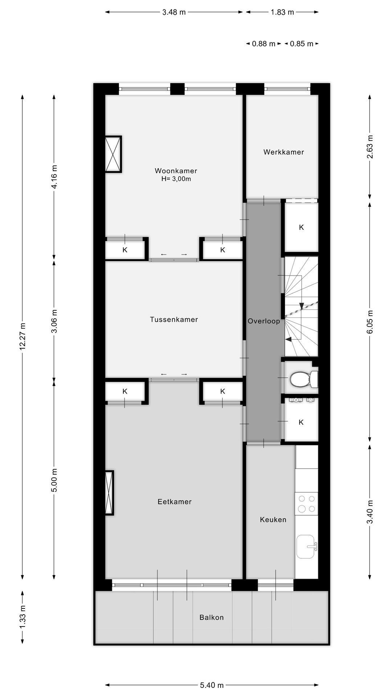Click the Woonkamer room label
(176, 171)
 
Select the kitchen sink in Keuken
(306, 546)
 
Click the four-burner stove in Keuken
(306, 504)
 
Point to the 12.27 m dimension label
(23, 336)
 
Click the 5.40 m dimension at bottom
(212, 685)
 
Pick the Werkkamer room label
(283, 152)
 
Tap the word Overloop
(264, 321)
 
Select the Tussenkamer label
(174, 319)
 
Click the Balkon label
(211, 617)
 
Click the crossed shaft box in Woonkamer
(113, 154)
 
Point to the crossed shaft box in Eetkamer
(109, 493)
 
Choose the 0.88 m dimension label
(264, 44)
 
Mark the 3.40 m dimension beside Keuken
(369, 511)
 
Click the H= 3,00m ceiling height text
(176, 179)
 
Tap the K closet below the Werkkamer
(301, 227)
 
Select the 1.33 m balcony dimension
(23, 617)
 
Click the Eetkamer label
(174, 502)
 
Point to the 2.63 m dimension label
(369, 147)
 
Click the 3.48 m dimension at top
(174, 12)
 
